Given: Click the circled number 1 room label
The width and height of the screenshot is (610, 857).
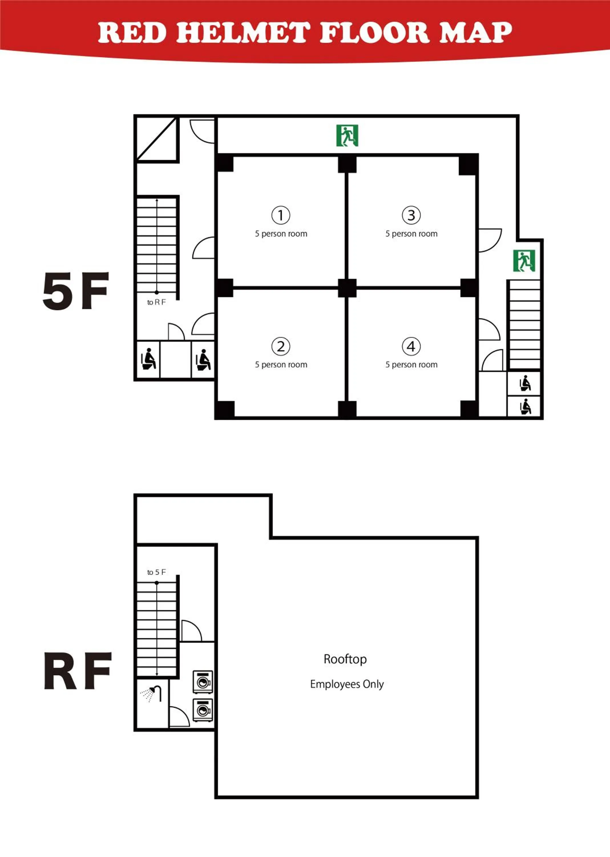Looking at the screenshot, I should (280, 215).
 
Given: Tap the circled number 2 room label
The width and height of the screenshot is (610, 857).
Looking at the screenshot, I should (280, 346).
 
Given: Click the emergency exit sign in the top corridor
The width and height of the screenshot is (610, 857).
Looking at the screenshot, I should (347, 135).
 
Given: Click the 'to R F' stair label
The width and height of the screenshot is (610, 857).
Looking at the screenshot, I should (156, 302).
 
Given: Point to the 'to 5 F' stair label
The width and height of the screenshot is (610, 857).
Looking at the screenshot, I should (156, 572).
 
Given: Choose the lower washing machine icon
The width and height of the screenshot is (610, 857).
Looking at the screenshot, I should (203, 710).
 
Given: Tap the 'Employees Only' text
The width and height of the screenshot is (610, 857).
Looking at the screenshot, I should (347, 684).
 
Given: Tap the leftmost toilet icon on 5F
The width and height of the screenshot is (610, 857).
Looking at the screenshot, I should (148, 359).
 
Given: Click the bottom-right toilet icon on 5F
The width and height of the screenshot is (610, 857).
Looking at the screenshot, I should (525, 407).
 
